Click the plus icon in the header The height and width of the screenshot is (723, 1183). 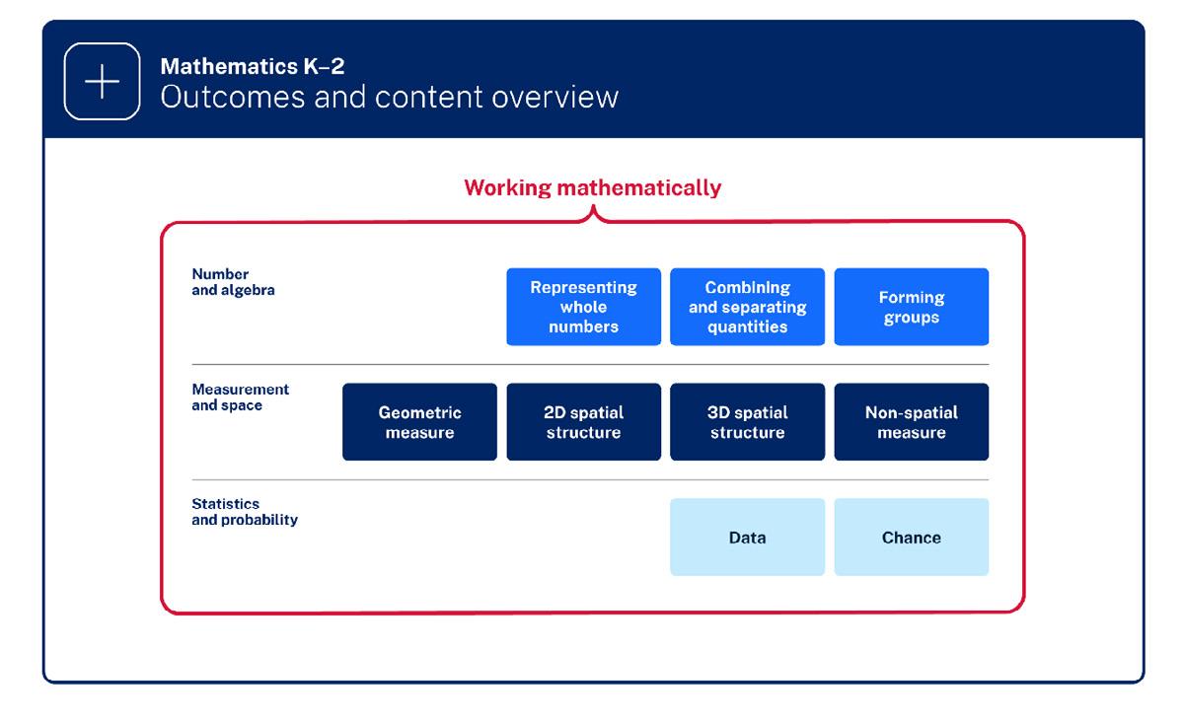tap(102, 82)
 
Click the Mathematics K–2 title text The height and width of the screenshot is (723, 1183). tap(252, 67)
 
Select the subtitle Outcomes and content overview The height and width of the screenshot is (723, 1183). tap(389, 97)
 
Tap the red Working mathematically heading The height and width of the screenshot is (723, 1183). tap(592, 187)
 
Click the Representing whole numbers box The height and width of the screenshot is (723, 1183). tap(583, 307)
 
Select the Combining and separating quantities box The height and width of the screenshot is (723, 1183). tap(747, 307)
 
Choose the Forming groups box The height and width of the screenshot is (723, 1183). tap(911, 307)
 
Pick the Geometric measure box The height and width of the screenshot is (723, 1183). tap(419, 422)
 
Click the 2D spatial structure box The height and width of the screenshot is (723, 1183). tap(583, 422)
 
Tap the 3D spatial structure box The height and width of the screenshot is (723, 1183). tap(747, 422)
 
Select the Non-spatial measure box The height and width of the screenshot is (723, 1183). tap(911, 422)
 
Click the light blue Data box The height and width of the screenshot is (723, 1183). tap(747, 538)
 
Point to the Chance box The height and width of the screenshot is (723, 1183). tap(911, 538)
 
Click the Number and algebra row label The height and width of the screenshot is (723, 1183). tap(233, 282)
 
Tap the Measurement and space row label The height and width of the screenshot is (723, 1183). tap(240, 398)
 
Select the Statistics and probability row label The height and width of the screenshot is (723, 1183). tap(244, 512)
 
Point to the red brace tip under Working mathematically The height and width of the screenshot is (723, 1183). tap(592, 209)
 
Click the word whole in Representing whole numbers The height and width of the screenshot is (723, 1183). tap(583, 307)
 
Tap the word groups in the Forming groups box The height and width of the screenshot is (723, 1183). tap(911, 318)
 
